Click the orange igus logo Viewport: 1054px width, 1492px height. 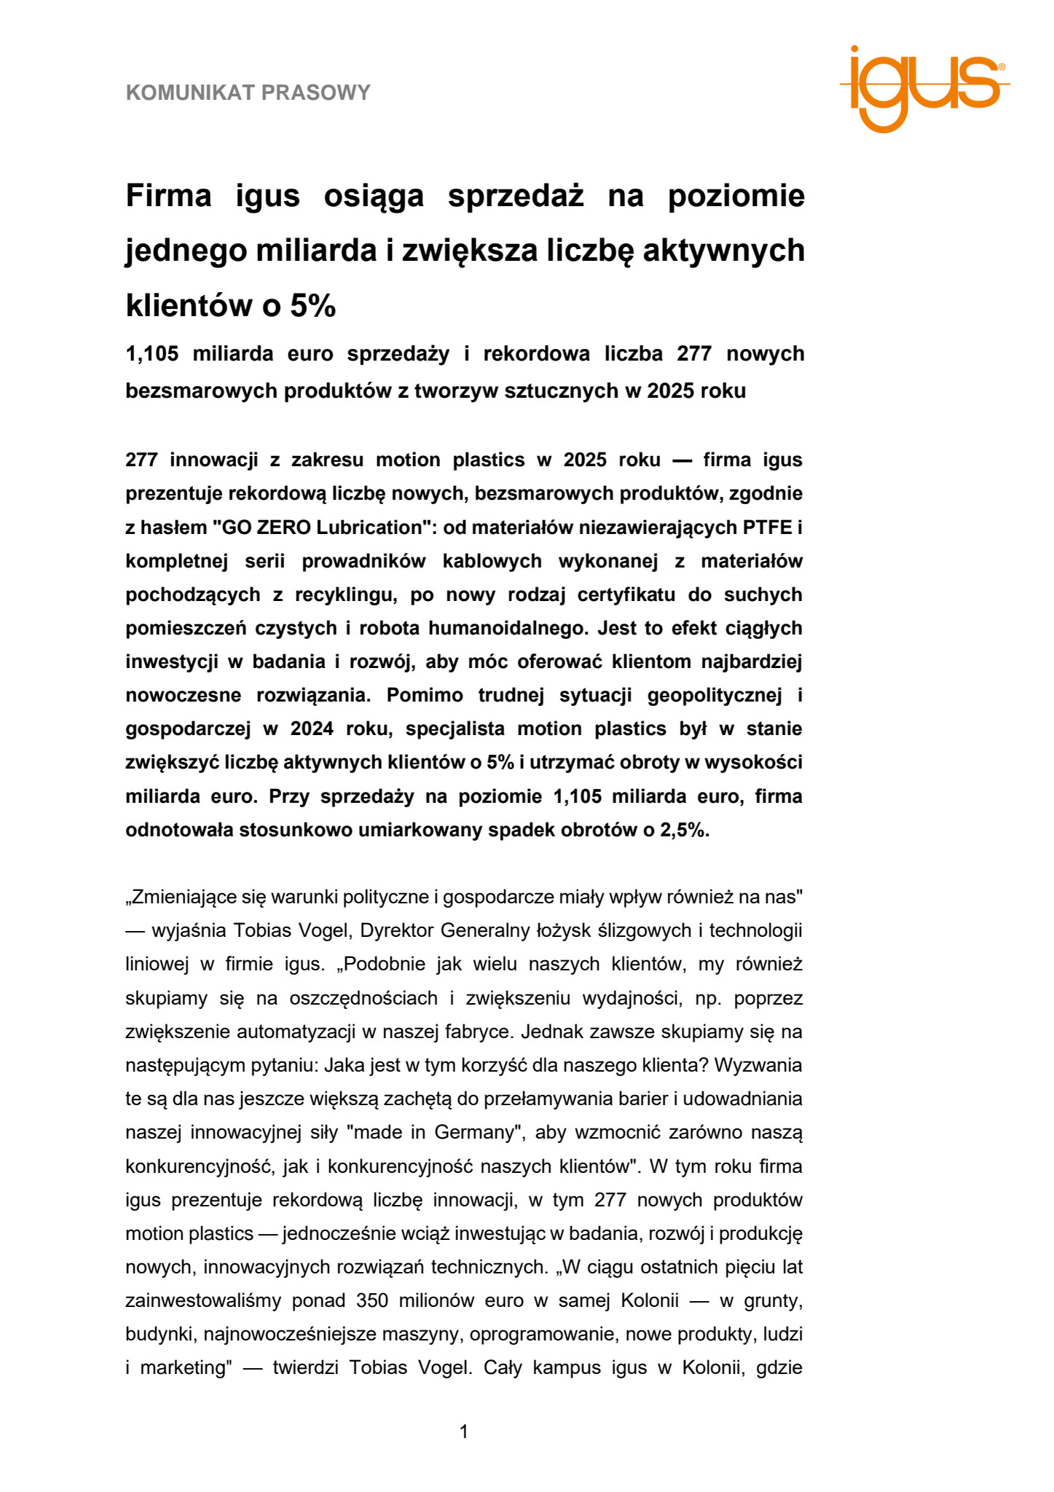click(924, 88)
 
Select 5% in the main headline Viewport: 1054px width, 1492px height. click(312, 306)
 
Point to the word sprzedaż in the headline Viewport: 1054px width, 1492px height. click(516, 196)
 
